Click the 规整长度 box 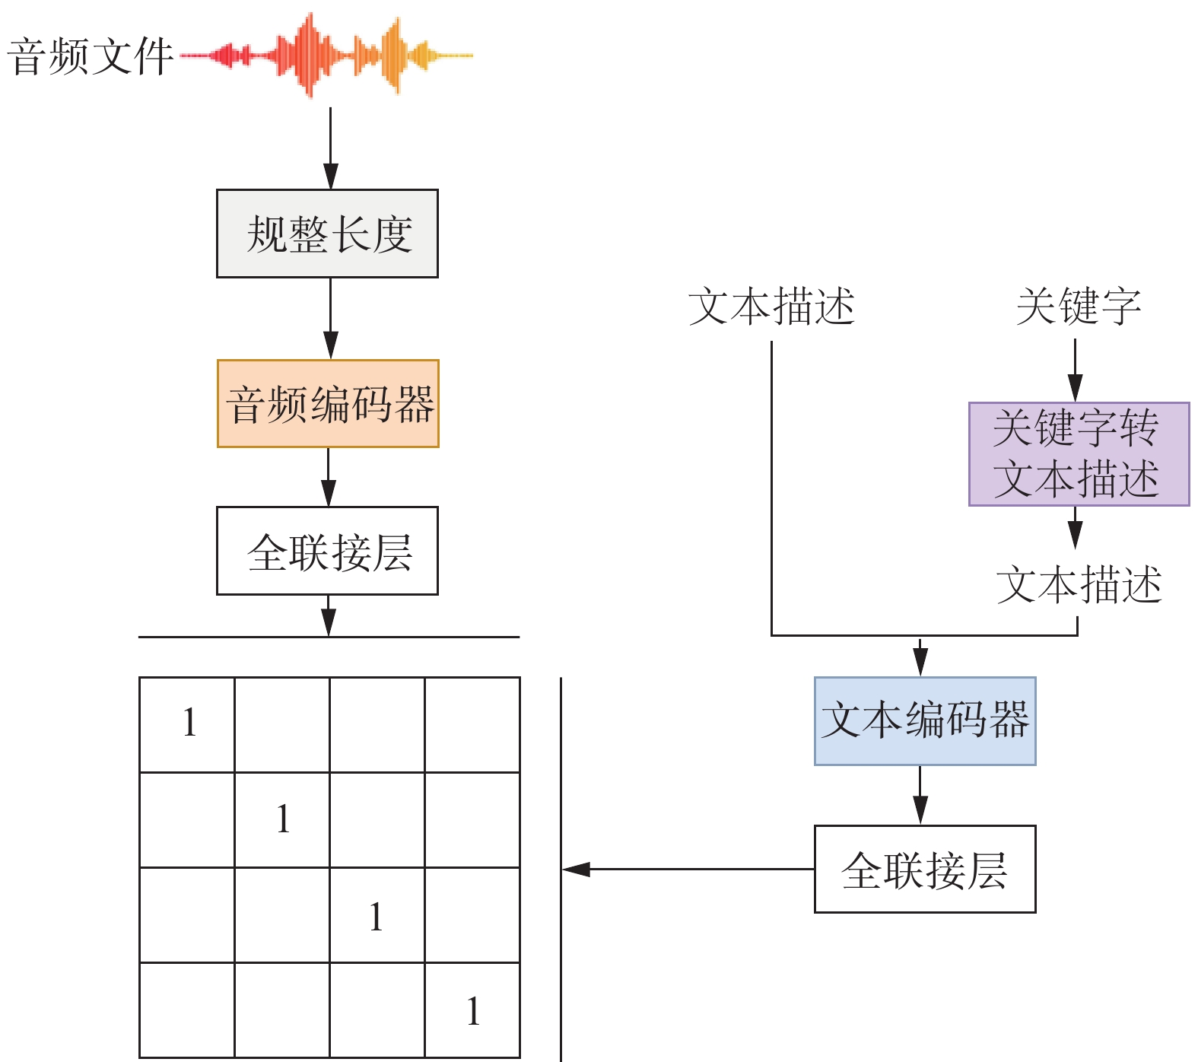(327, 234)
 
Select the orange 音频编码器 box (328, 403)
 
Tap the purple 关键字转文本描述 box (1078, 453)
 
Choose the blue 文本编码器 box (924, 720)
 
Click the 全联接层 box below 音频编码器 (327, 551)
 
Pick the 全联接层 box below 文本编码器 (924, 869)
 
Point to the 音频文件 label (90, 57)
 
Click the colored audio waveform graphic (327, 56)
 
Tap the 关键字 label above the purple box (1078, 307)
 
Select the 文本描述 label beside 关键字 (771, 307)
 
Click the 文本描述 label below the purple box (1079, 584)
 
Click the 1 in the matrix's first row (189, 722)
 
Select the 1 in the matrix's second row (283, 819)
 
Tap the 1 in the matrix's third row (376, 917)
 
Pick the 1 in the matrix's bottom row (473, 1012)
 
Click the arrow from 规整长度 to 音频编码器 (330, 318)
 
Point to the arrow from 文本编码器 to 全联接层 (920, 794)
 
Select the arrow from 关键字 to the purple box (1075, 370)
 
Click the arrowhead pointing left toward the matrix (577, 869)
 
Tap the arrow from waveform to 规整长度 (330, 148)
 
